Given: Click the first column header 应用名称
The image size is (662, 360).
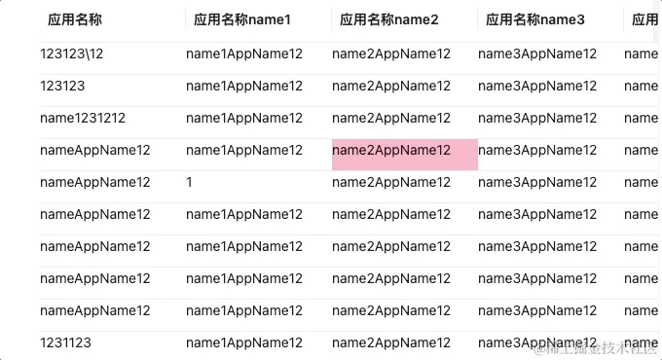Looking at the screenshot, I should [75, 19].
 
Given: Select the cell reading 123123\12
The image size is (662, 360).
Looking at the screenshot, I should [72, 54].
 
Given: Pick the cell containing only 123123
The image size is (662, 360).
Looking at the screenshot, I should [62, 87].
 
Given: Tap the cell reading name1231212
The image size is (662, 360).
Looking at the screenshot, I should [83, 119].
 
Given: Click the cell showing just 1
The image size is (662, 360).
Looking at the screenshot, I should [190, 183].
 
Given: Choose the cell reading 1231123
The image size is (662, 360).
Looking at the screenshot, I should [66, 343].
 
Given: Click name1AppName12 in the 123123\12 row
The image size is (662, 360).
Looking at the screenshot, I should [244, 54].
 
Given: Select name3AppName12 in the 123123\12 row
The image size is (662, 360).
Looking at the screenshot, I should [537, 54].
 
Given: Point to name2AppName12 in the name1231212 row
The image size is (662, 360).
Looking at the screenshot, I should [391, 119].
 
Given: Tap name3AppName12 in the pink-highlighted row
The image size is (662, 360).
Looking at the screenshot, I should [537, 151].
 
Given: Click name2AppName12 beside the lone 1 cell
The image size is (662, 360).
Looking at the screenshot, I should [391, 183].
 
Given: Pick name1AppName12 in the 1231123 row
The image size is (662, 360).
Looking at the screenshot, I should [244, 343].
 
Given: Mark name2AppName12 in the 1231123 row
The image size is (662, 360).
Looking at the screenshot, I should [391, 343].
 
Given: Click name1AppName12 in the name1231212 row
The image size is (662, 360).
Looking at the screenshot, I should [244, 119].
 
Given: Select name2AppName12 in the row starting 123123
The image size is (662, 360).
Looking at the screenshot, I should [391, 87].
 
